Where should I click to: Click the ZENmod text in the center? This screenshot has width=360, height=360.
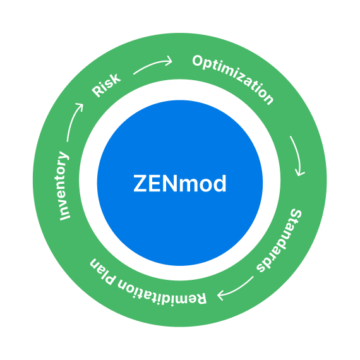180,184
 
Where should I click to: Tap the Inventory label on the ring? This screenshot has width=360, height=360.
64,186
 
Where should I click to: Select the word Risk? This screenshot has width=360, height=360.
106,86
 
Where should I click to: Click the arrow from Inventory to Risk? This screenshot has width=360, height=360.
75,122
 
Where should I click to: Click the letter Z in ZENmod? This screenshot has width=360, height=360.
141,184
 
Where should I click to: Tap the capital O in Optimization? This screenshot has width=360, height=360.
197,62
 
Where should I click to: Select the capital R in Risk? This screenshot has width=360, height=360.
97,92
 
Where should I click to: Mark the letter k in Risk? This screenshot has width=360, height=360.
116,78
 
